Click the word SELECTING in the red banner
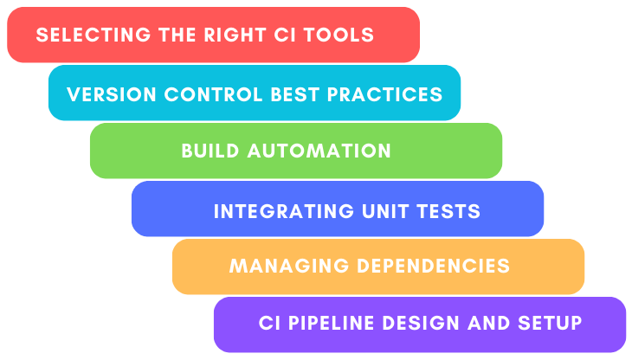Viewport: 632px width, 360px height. pyautogui.click(x=78, y=35)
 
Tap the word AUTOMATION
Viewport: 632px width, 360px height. pyautogui.click(x=319, y=151)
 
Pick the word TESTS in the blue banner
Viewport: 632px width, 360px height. pyautogui.click(x=450, y=210)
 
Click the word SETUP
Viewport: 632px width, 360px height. pyautogui.click(x=549, y=324)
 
